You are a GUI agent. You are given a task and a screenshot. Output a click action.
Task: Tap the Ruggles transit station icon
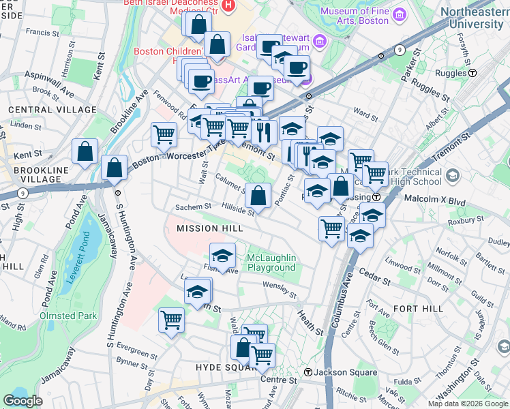[472, 72]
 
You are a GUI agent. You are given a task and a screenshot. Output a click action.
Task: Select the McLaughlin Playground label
[271, 262]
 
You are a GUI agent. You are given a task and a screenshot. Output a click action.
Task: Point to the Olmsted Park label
[69, 316]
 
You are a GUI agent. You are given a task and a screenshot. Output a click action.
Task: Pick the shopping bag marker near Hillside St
[258, 196]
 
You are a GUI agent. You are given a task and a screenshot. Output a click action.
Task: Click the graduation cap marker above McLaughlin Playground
[222, 256]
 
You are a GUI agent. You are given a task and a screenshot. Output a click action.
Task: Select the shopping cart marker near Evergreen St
[171, 319]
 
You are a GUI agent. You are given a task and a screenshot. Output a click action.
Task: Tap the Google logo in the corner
[23, 401]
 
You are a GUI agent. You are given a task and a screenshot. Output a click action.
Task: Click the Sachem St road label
[193, 207]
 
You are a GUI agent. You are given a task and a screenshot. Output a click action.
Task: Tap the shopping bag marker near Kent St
[85, 152]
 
